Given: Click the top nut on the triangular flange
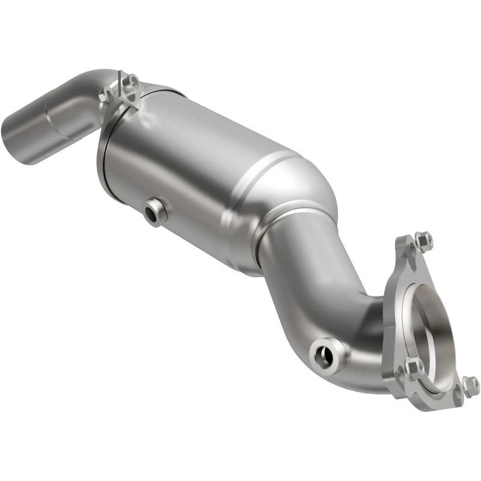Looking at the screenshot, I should (x=423, y=240).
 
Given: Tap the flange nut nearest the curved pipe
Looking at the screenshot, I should (x=413, y=366).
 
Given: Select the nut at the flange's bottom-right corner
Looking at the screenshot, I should (x=470, y=385).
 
